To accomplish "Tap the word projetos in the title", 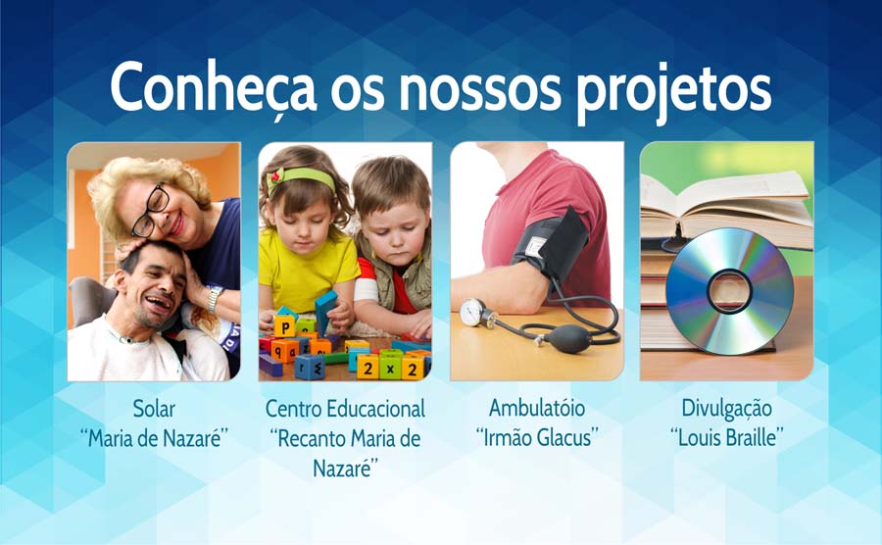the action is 673,91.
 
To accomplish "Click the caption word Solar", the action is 154,409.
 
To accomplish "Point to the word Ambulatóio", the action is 537,408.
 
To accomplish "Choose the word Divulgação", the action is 726,409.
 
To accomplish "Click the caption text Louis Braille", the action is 726,437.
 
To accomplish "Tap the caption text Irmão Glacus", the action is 537,437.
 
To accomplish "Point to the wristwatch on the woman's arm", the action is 213,298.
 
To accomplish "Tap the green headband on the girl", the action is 302,178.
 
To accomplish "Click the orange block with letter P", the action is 284,326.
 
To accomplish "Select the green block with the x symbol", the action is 390,368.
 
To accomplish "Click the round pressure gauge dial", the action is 471,312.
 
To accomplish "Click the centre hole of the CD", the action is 729,291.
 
